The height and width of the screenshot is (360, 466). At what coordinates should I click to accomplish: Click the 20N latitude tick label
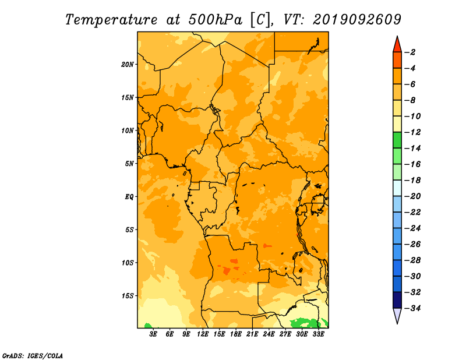[x=128, y=65]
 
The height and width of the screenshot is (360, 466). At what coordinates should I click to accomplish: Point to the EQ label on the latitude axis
[x=129, y=197]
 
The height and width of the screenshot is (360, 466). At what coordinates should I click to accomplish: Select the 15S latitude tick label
[x=128, y=296]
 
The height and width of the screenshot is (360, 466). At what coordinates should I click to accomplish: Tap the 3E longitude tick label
[x=153, y=334]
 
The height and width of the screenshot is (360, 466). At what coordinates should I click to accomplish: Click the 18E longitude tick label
[x=236, y=334]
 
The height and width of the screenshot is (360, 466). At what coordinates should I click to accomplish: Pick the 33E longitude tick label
[x=318, y=334]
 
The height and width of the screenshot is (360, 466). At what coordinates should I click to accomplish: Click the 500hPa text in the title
[x=215, y=20]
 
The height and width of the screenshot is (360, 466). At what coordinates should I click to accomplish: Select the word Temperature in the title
[x=111, y=20]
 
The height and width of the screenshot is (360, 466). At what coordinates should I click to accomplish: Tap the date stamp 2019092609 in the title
[x=357, y=20]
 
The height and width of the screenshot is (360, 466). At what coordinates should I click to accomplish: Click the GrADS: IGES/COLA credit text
[x=33, y=356]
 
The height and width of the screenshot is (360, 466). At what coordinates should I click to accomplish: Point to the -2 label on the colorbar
[x=411, y=52]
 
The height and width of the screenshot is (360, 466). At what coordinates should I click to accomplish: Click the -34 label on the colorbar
[x=413, y=308]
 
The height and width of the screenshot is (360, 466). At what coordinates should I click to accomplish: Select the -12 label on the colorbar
[x=413, y=132]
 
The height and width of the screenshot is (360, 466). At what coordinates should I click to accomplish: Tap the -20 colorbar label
[x=413, y=196]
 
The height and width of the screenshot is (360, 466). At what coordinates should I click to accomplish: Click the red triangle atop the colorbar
[x=397, y=45]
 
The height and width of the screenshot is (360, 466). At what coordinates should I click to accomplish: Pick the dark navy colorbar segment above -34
[x=397, y=300]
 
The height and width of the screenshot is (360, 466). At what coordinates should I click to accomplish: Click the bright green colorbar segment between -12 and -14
[x=397, y=140]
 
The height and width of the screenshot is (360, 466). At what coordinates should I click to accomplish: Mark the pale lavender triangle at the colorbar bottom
[x=397, y=315]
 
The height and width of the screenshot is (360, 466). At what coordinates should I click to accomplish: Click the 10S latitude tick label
[x=128, y=263]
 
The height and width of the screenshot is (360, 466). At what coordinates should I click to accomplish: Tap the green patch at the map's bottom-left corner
[x=148, y=326]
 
